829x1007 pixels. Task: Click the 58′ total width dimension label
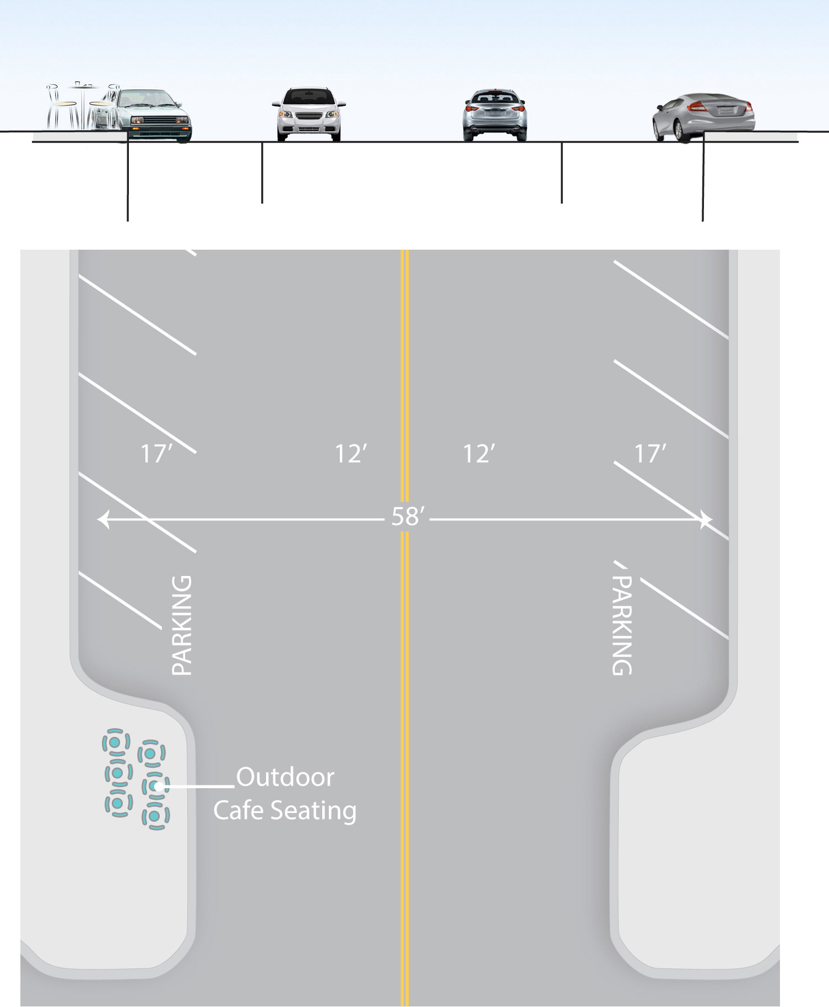point(407,517)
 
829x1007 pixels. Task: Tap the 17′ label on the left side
point(156,454)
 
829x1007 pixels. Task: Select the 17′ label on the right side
point(650,454)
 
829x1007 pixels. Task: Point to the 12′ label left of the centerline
point(350,454)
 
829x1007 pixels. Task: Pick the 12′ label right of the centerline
point(478,454)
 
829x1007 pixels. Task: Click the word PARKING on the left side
point(182,625)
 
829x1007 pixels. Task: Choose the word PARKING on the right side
point(622,625)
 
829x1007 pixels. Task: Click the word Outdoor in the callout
point(285,777)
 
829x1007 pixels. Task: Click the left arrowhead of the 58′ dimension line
point(103,519)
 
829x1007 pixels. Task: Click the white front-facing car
point(308,114)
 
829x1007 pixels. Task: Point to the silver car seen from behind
point(495,115)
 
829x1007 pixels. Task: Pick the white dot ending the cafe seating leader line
point(159,787)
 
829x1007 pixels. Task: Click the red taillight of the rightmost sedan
point(698,106)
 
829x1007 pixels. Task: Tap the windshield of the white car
point(308,96)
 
